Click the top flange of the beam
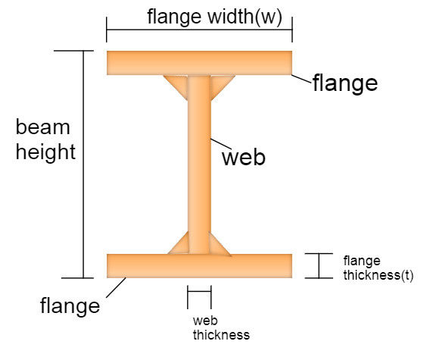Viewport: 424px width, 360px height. point(199,63)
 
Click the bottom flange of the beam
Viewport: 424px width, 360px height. point(199,266)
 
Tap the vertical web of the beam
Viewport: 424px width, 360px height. point(199,164)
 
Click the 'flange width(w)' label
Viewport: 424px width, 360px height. point(215,17)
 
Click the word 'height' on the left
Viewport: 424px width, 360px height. point(45,152)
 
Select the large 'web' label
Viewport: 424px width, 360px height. point(244,158)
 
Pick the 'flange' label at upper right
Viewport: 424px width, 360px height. point(345,83)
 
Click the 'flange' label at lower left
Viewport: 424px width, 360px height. point(70,305)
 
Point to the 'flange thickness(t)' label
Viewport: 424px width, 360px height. point(379,268)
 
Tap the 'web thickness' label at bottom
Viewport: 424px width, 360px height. point(221,328)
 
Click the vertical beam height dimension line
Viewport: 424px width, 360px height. point(83,164)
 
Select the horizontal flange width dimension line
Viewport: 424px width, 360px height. point(199,30)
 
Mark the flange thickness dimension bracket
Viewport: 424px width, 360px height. point(319,266)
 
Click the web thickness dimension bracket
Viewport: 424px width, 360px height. point(199,292)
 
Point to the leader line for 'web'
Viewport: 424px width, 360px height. point(221,144)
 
